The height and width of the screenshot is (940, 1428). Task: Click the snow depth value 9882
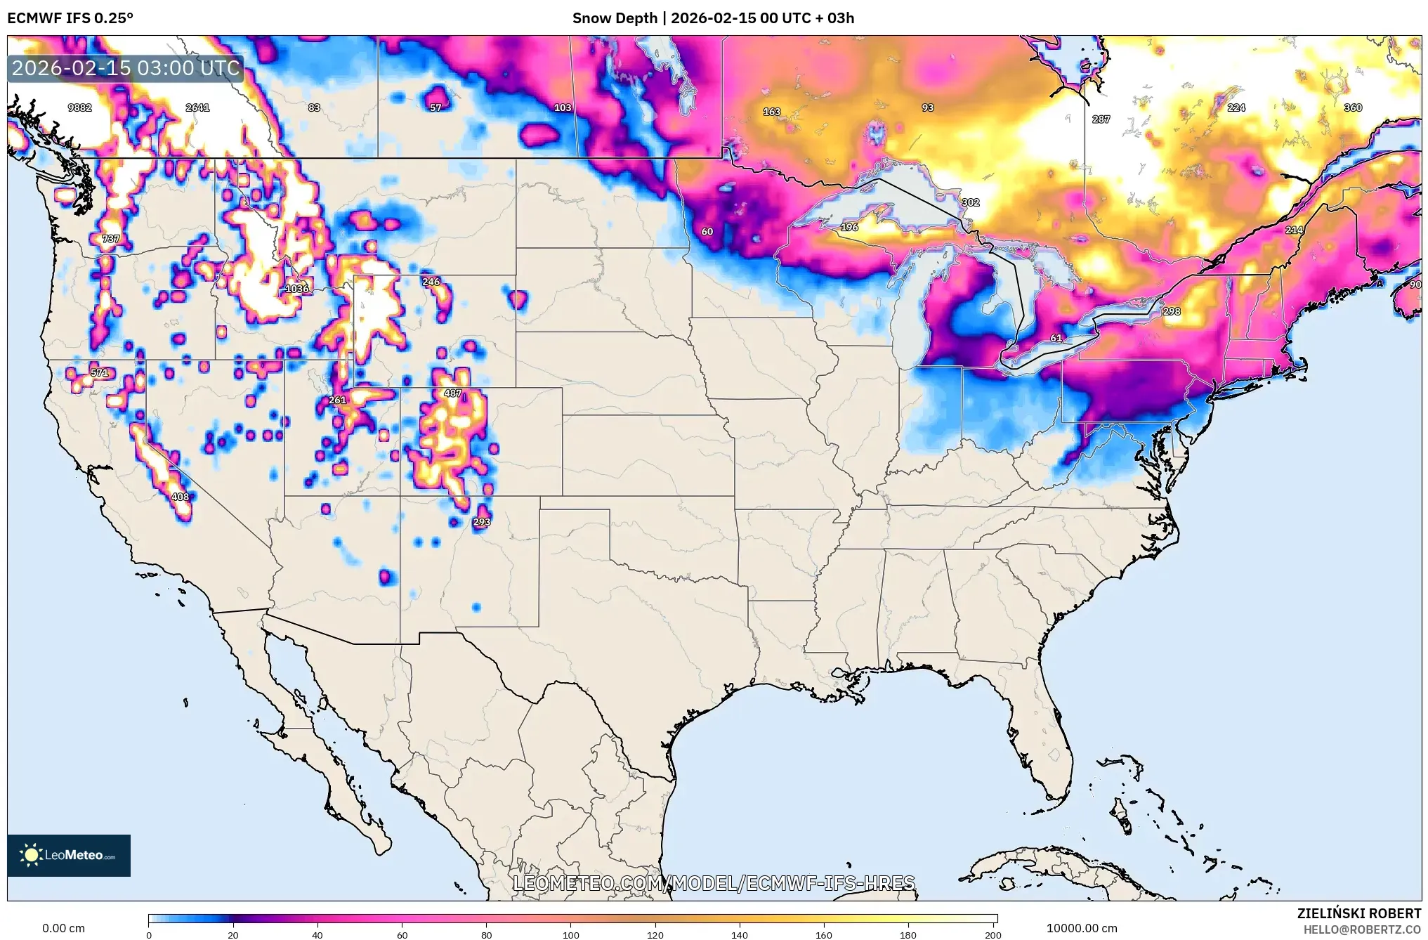coord(79,107)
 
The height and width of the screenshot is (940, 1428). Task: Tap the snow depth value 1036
coord(296,289)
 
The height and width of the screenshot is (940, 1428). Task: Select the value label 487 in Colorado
coord(453,393)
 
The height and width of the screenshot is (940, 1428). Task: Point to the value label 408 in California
coord(180,497)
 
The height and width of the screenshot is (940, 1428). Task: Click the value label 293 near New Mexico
coord(481,522)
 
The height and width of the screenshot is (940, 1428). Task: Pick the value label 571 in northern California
coord(100,373)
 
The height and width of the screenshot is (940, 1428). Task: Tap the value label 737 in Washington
coord(110,239)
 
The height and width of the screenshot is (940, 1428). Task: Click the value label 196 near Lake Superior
coord(849,228)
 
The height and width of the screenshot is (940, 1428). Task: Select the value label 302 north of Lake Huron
coord(970,202)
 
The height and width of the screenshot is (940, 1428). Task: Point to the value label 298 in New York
coord(1172,311)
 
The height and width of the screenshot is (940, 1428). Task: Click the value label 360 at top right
coord(1353,107)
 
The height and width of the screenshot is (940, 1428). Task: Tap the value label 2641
coord(197,107)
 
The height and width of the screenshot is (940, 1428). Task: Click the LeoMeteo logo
coord(69,855)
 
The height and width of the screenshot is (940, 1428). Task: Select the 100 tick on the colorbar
coord(570,935)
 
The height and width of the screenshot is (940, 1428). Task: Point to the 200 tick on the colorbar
coord(993,935)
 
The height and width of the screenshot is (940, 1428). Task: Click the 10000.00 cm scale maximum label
coord(1082,928)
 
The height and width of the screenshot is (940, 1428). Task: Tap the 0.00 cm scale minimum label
coord(63,928)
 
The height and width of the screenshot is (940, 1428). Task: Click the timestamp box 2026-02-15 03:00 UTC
coord(126,68)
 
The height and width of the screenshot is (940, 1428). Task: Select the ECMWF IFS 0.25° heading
coord(70,18)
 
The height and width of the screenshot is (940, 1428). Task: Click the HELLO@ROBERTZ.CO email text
coord(1362,929)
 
